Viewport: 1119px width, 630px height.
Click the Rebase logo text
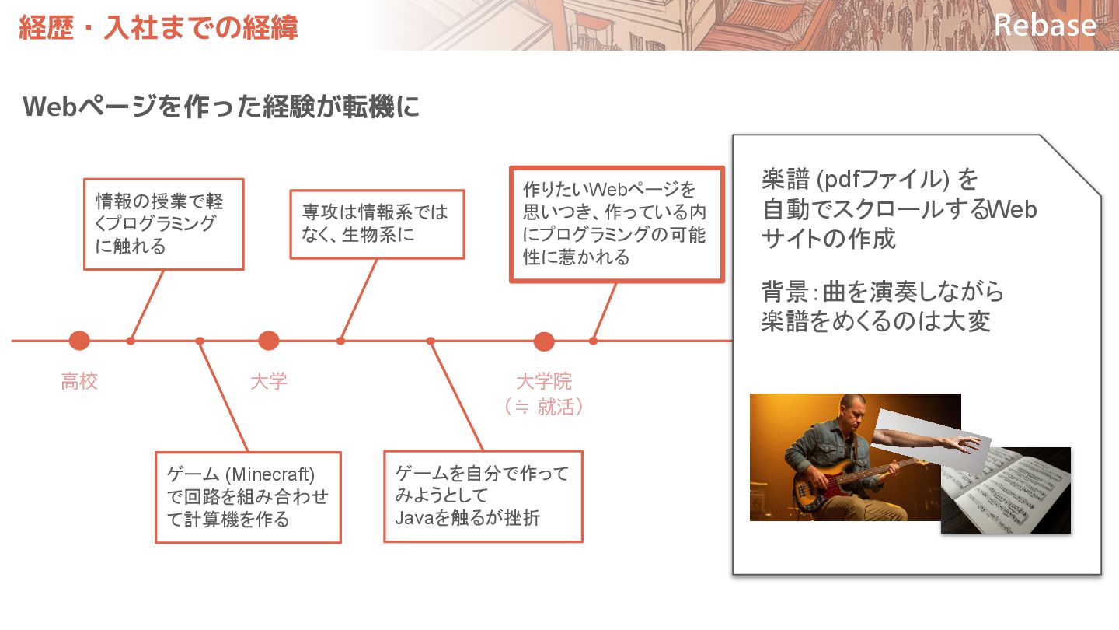point(1044,25)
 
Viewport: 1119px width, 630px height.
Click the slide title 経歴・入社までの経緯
point(159,28)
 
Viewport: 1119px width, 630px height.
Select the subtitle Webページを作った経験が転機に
point(221,107)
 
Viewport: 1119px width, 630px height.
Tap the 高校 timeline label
point(79,382)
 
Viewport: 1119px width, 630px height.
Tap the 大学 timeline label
point(269,382)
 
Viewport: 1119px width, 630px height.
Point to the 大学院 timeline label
point(544,382)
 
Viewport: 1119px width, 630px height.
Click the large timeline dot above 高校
point(79,341)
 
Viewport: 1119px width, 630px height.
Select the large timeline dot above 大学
point(269,341)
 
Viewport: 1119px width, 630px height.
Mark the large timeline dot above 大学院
point(544,341)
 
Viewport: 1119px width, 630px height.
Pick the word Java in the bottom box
point(413,518)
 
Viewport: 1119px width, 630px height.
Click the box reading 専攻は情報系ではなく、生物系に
point(377,224)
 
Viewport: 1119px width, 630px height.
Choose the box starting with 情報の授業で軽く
point(163,224)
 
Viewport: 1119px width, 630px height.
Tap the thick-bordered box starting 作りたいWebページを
point(616,224)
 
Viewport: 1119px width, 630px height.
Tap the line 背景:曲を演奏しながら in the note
point(882,292)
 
